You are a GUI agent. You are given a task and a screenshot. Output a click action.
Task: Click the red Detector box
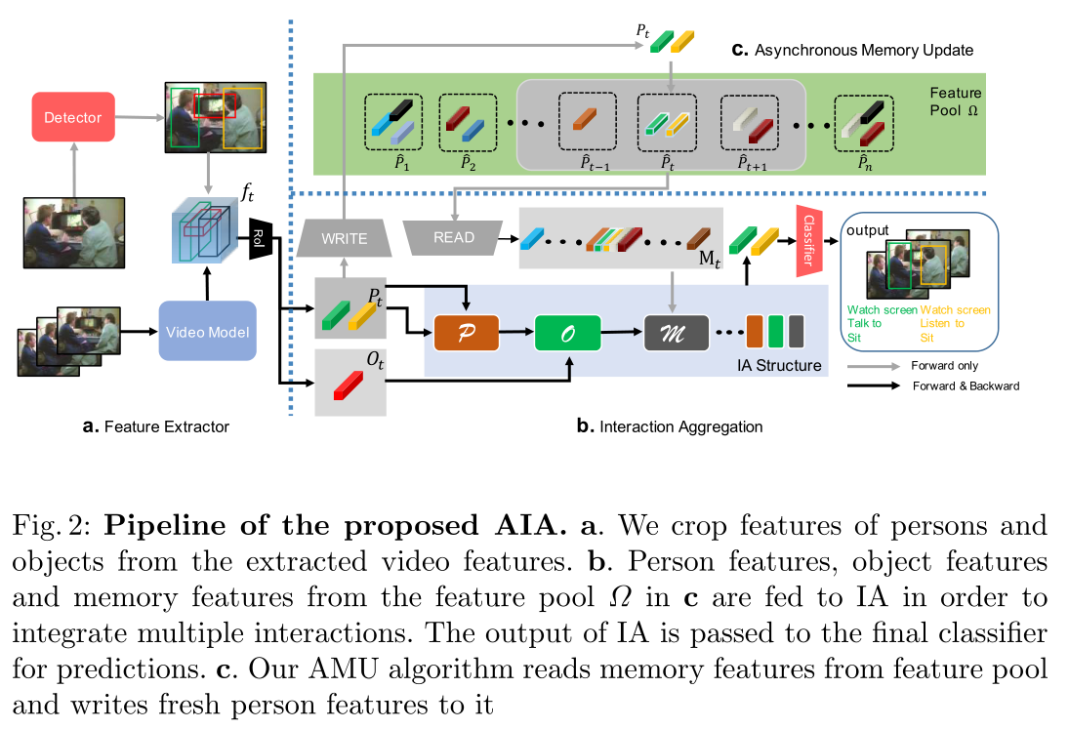click(x=72, y=117)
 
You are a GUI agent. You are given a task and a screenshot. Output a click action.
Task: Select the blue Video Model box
click(x=207, y=332)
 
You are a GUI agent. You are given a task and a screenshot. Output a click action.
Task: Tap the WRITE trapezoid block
click(x=345, y=237)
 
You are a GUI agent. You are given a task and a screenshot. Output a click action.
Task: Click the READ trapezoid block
click(x=454, y=236)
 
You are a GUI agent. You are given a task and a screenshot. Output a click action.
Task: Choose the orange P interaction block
click(x=467, y=333)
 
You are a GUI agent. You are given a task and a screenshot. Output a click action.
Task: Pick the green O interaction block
click(x=567, y=333)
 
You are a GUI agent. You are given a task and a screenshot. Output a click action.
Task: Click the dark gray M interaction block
click(x=676, y=333)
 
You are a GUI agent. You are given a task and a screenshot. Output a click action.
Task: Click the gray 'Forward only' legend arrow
click(x=874, y=366)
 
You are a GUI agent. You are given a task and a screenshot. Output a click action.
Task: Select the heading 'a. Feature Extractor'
click(x=155, y=426)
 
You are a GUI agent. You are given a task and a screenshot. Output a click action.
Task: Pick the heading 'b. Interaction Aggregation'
click(x=670, y=426)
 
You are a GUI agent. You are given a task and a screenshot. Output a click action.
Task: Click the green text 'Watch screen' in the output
click(x=882, y=310)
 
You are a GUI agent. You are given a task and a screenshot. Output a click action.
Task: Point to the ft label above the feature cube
click(x=251, y=192)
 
